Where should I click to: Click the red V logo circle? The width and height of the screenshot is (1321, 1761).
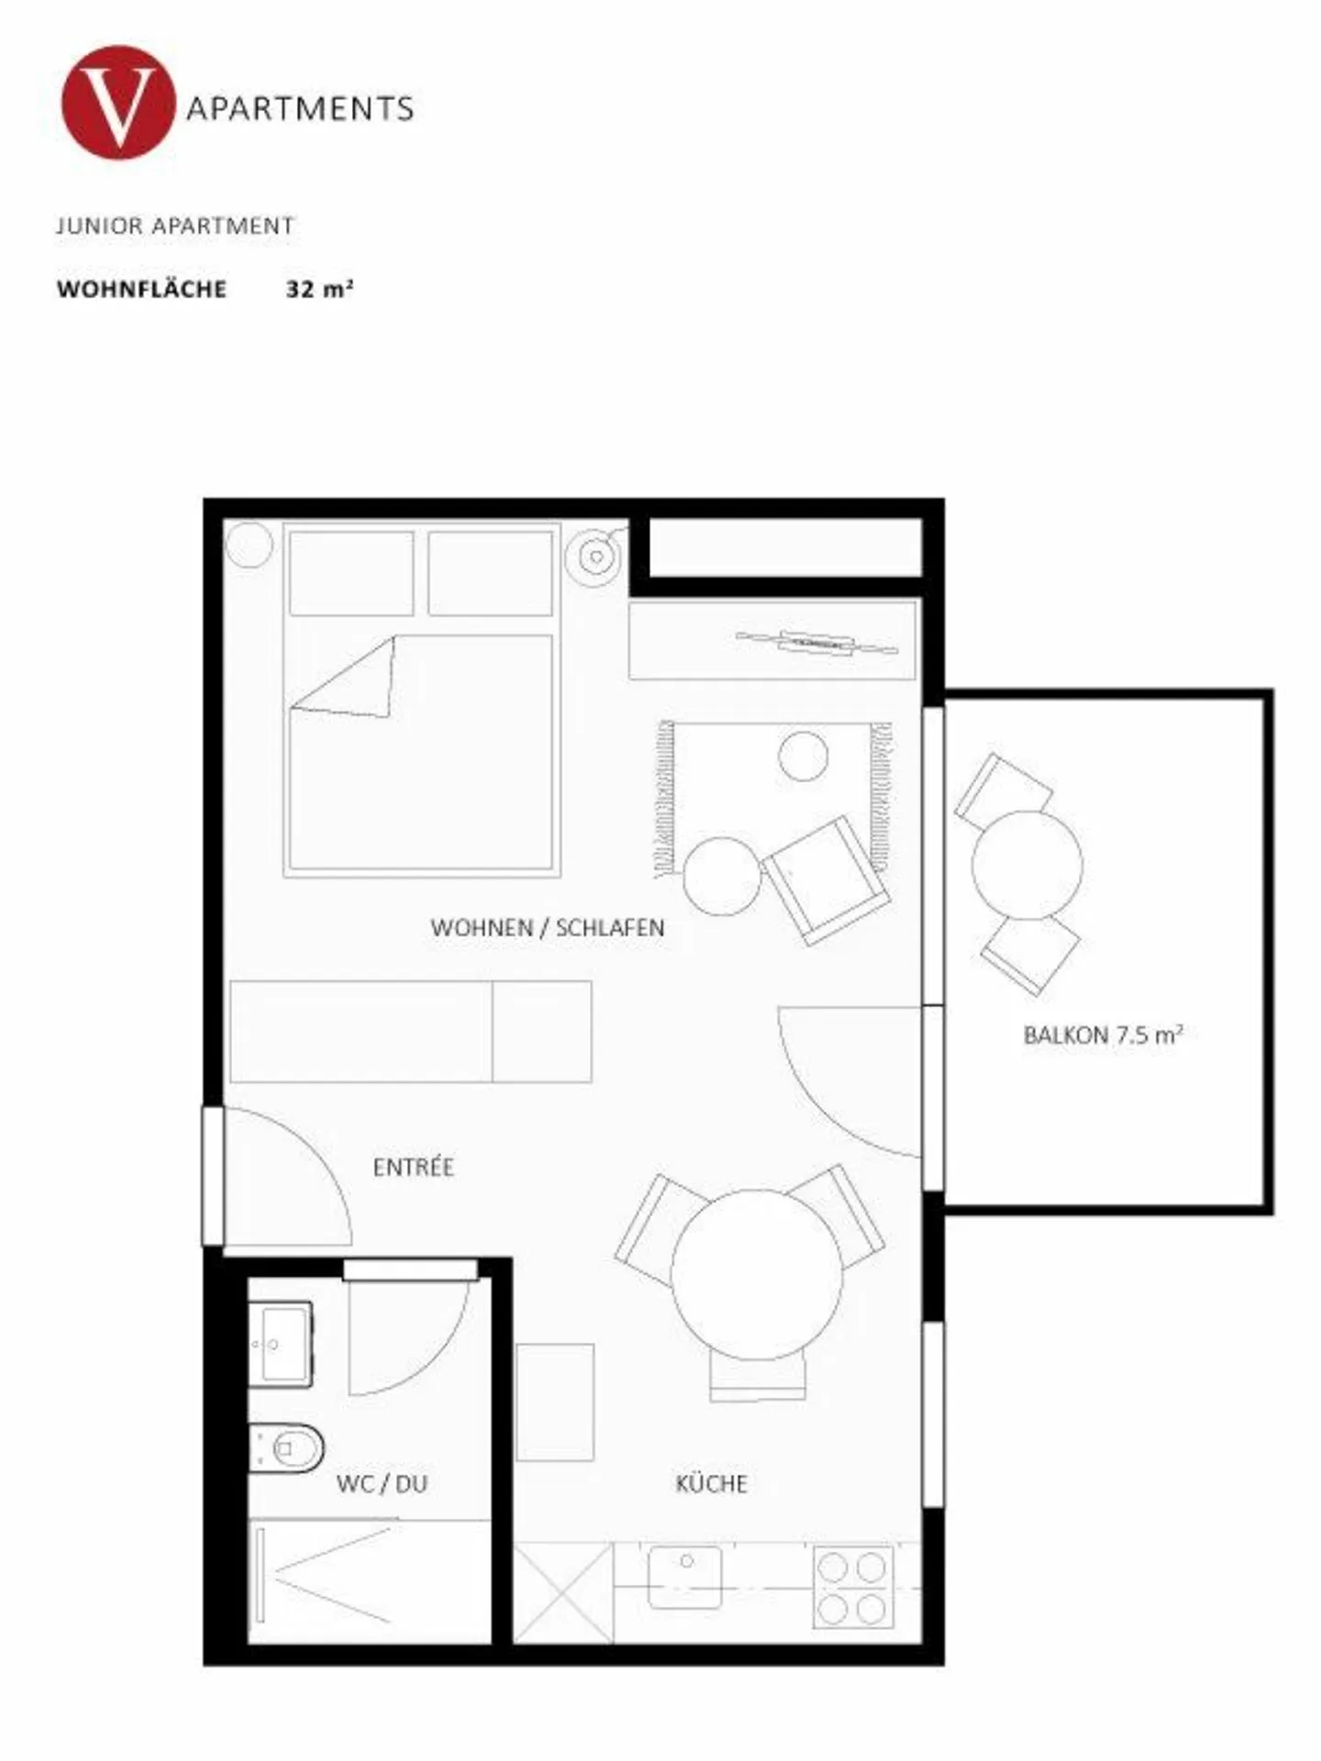[x=117, y=102]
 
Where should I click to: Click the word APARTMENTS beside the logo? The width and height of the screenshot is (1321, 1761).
[x=300, y=108]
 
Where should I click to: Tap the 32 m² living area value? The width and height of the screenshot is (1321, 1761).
[x=319, y=289]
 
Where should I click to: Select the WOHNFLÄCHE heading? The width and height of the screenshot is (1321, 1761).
[x=141, y=289]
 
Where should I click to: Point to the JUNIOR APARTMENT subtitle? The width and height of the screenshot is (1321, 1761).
[x=174, y=226]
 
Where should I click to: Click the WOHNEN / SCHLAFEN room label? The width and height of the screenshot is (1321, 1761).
[x=547, y=927]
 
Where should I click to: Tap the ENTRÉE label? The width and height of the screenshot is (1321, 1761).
[x=413, y=1167]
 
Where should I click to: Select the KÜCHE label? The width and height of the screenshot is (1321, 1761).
[x=711, y=1483]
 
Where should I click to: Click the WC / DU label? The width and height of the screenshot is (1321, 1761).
[x=382, y=1483]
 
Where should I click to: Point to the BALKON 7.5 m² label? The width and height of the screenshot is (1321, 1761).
[x=1103, y=1036]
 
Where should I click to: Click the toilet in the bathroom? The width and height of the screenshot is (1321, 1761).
[x=288, y=1448]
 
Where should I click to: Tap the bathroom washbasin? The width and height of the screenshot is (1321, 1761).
[x=281, y=1343]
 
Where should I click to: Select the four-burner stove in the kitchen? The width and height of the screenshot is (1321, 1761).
[x=853, y=1587]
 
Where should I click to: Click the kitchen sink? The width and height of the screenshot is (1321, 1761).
[x=684, y=1576]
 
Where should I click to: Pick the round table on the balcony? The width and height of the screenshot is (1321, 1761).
[x=1027, y=865]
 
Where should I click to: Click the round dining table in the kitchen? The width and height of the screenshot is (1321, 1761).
[x=756, y=1275]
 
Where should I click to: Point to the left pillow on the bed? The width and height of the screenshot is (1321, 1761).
[x=350, y=573]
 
